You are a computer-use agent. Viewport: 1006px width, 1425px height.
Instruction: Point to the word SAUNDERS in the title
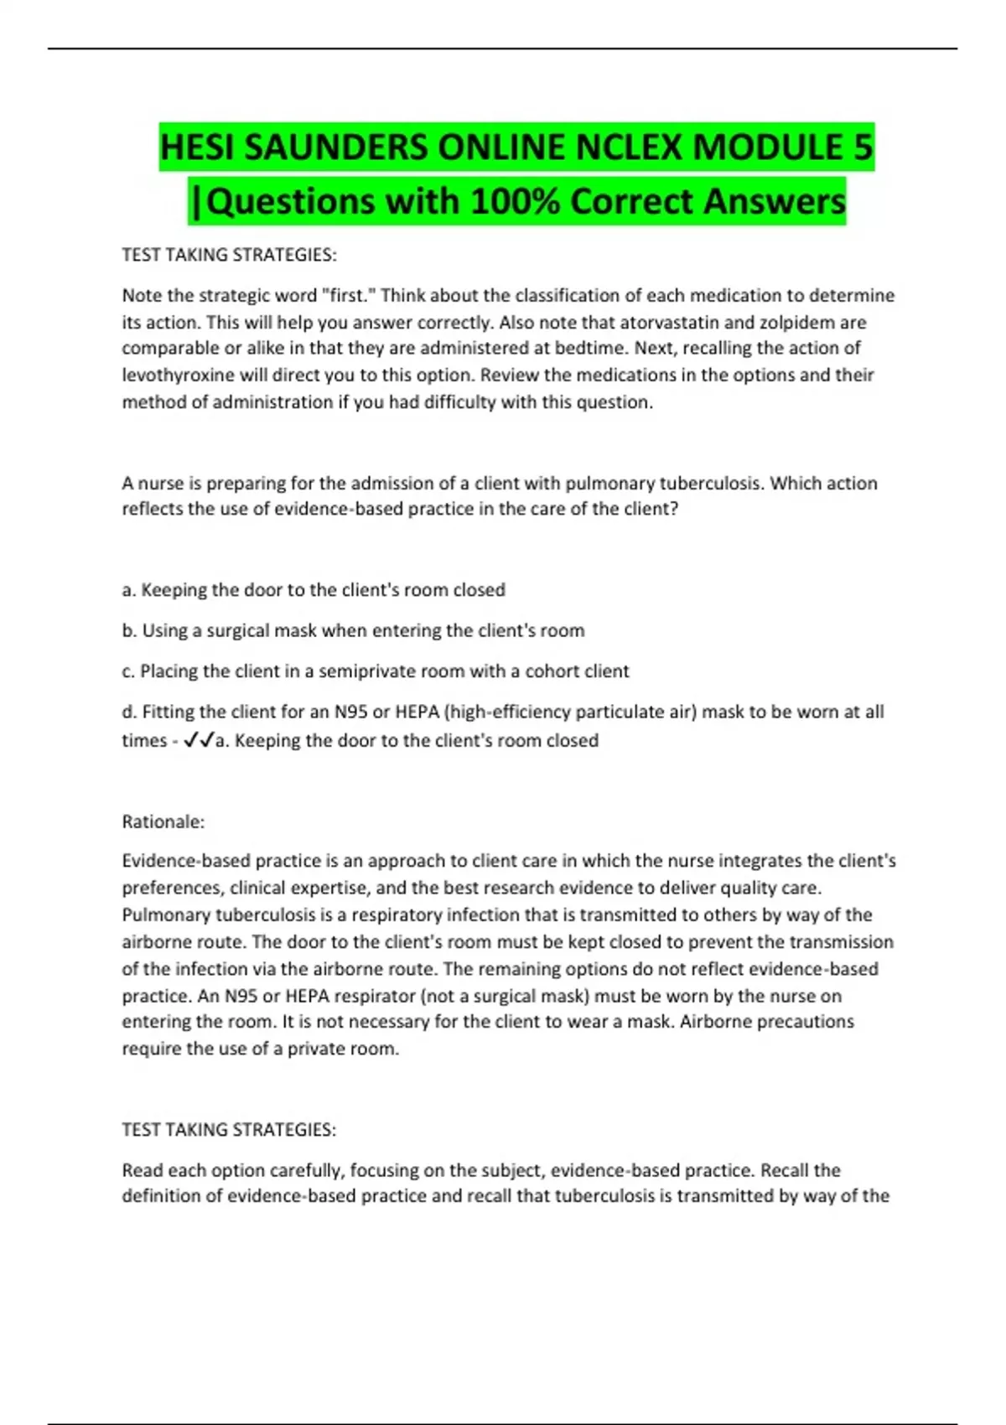(x=335, y=148)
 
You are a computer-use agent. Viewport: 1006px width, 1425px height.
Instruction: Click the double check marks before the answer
(x=199, y=740)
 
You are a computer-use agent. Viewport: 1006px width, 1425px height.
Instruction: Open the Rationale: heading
(x=163, y=821)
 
